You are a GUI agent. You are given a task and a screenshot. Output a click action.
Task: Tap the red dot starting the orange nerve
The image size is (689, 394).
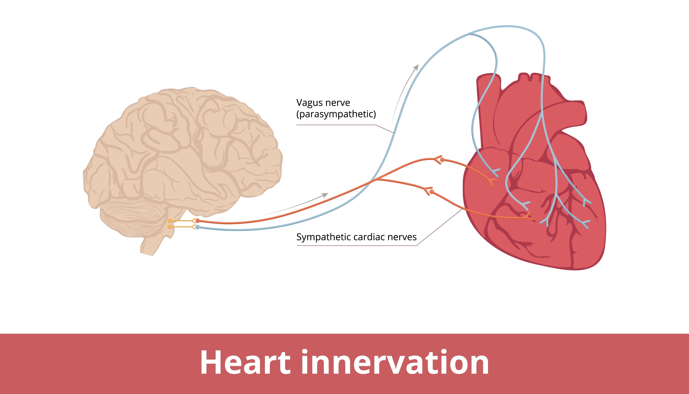pyautogui.click(x=198, y=221)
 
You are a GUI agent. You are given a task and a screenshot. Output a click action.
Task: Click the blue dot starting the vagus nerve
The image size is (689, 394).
pyautogui.click(x=198, y=227)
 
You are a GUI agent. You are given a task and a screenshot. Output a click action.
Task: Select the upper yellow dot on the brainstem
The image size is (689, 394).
pyautogui.click(x=169, y=221)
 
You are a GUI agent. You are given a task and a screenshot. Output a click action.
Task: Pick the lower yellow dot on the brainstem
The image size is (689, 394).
pyautogui.click(x=169, y=227)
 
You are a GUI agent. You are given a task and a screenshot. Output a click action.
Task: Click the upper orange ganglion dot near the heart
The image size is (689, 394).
pyautogui.click(x=442, y=160)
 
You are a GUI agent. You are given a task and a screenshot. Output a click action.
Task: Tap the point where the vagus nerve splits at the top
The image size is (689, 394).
pyautogui.click(x=469, y=34)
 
